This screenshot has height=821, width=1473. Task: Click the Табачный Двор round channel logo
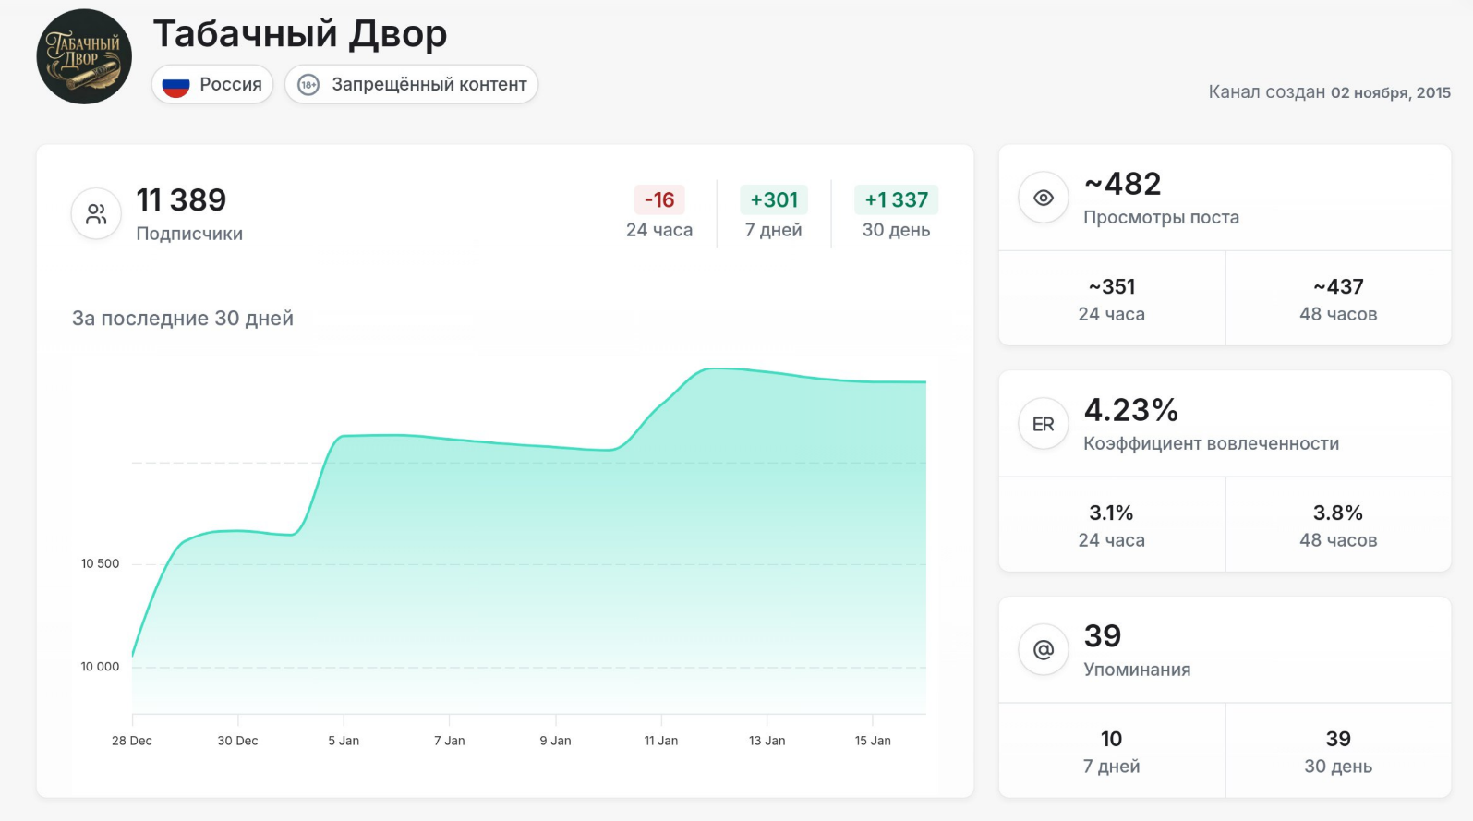click(84, 56)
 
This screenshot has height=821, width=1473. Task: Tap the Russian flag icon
click(175, 85)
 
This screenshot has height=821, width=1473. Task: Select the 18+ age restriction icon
click(308, 85)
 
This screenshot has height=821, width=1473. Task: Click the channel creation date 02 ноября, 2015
click(1390, 92)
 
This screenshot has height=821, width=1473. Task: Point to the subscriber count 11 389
click(181, 200)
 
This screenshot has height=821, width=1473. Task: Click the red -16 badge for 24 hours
click(659, 200)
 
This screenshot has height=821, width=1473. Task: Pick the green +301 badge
click(774, 200)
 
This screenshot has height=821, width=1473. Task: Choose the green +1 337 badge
click(896, 200)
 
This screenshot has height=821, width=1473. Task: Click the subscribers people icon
click(96, 214)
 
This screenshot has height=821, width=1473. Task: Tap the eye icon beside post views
click(1044, 198)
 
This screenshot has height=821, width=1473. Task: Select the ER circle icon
click(1044, 424)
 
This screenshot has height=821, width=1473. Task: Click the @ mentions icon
click(1044, 650)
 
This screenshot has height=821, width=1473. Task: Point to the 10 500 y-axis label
click(100, 563)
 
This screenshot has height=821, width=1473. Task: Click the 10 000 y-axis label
click(100, 667)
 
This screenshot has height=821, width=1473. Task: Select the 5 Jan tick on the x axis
click(344, 740)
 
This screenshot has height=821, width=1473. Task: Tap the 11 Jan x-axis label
click(661, 741)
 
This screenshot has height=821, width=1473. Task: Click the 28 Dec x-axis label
click(132, 741)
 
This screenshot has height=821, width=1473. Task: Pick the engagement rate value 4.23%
click(1130, 410)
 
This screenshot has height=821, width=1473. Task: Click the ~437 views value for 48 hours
click(1338, 287)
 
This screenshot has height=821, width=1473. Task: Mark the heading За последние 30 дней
click(183, 319)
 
